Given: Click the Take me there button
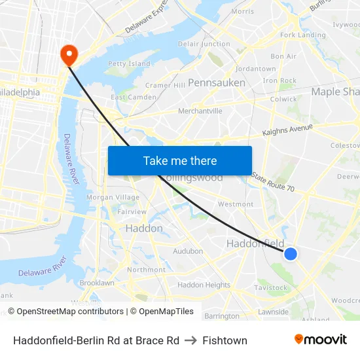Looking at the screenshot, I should (180, 161).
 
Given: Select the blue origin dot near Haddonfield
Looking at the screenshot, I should (291, 253).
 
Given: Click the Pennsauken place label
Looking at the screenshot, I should (217, 83).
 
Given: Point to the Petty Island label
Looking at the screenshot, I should (129, 64).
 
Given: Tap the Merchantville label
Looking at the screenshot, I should (200, 111).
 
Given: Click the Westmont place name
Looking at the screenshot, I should (236, 204).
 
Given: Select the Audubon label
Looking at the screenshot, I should (188, 251).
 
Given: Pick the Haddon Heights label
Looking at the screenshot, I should (204, 285).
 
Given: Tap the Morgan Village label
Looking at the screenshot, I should (113, 197).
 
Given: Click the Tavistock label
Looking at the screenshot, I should (271, 287).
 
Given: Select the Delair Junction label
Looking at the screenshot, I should (204, 44).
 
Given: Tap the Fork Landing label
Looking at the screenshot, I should (302, 35).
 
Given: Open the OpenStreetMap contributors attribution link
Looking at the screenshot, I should (70, 312).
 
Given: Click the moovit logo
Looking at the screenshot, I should (320, 340).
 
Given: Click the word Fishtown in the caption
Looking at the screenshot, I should (225, 340).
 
